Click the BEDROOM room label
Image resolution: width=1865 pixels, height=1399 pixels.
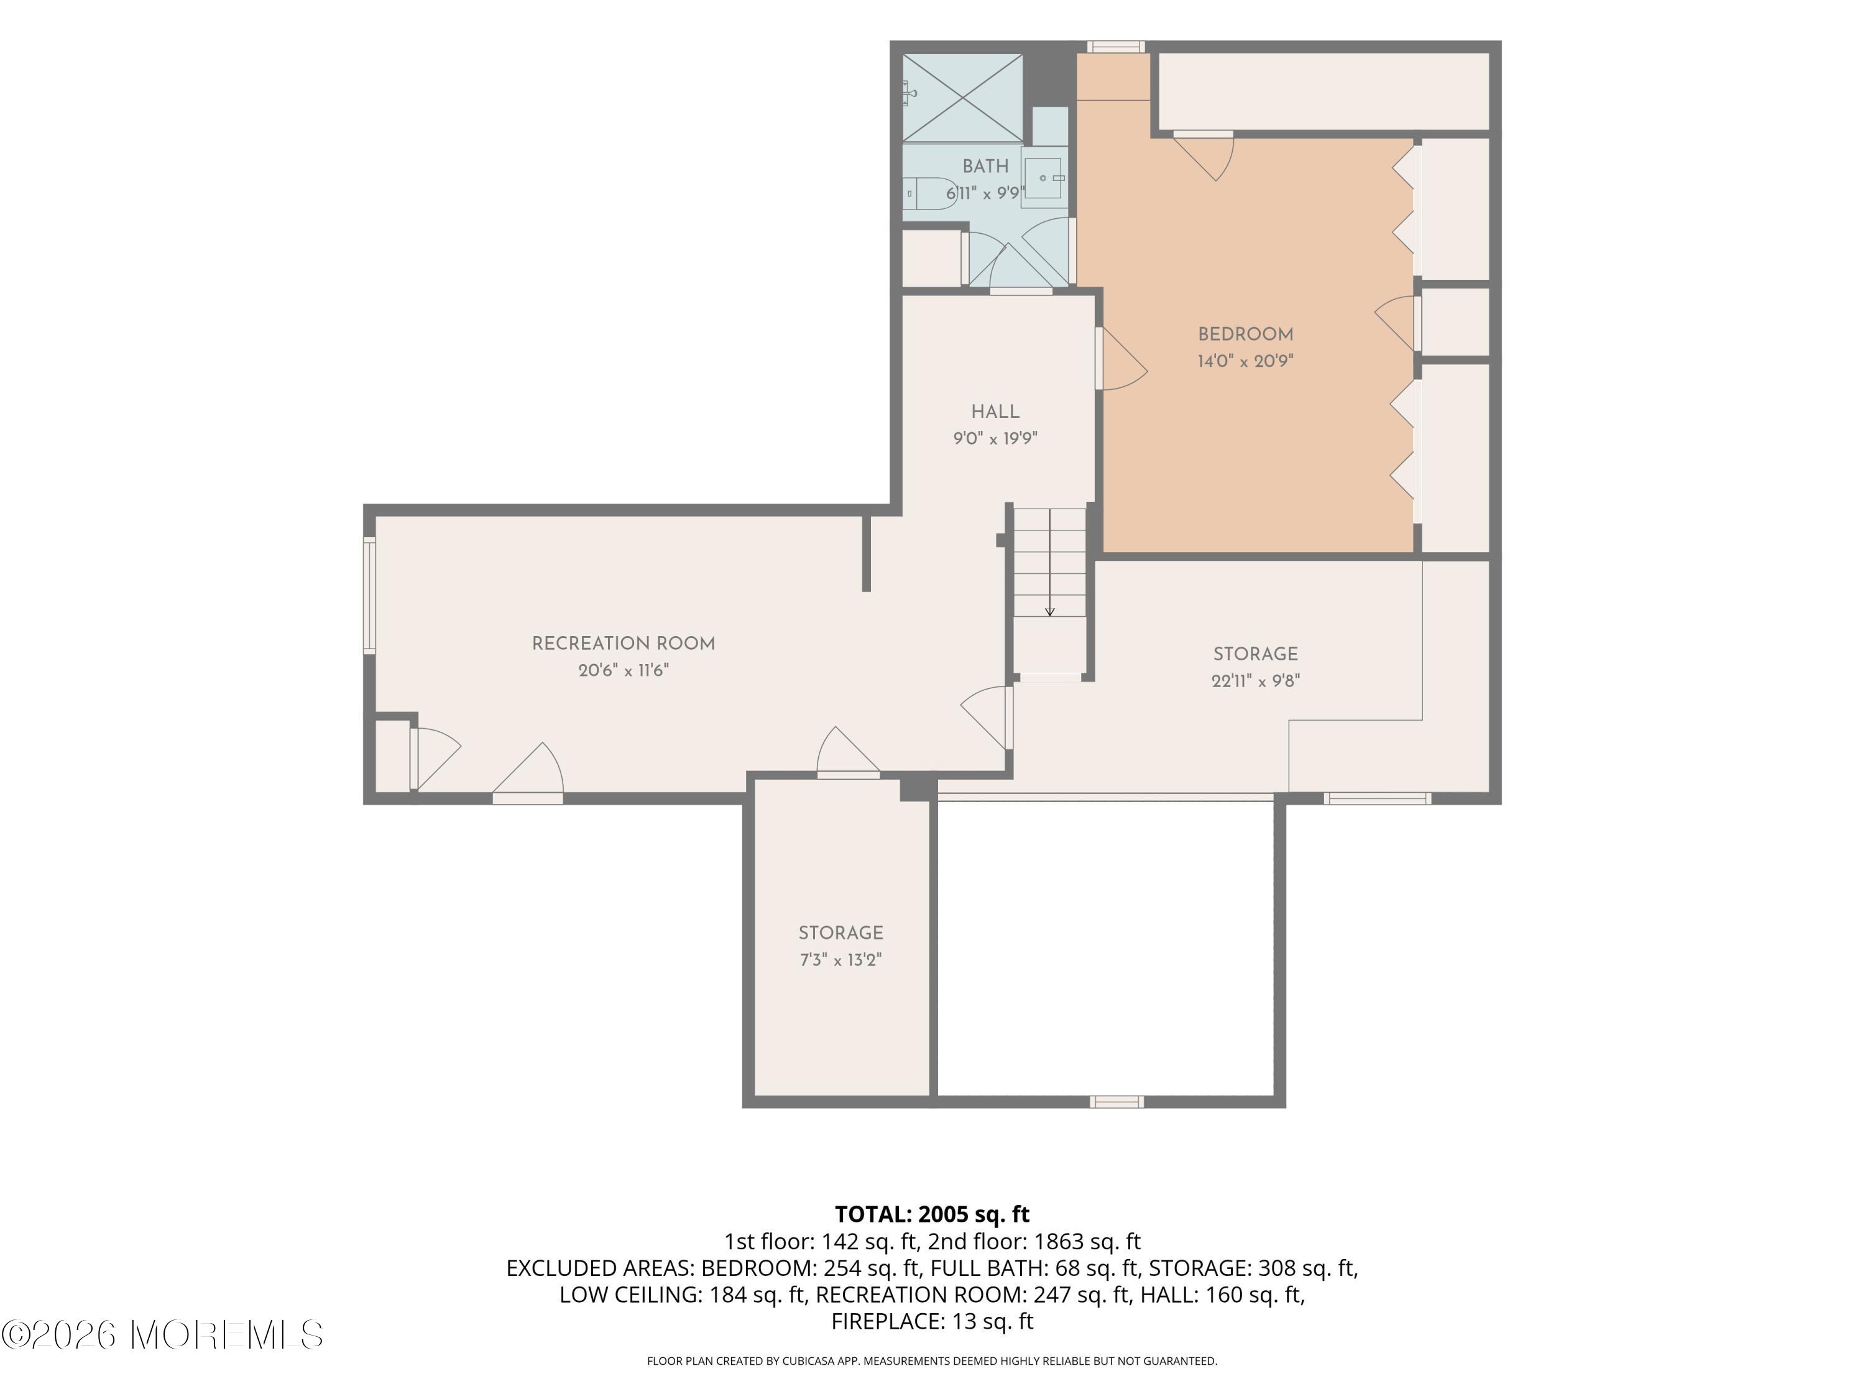point(1245,335)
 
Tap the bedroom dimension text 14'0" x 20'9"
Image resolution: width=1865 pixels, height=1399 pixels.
point(1245,361)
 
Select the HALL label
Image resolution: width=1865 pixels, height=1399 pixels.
point(995,412)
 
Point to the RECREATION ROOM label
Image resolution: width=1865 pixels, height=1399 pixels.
point(623,644)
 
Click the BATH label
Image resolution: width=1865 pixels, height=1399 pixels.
point(985,166)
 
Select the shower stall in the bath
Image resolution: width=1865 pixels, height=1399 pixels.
point(963,98)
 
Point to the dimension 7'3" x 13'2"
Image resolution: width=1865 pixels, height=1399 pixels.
point(840,959)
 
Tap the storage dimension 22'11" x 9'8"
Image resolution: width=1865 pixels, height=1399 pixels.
point(1255,680)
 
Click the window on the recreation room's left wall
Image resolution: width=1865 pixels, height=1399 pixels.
point(369,596)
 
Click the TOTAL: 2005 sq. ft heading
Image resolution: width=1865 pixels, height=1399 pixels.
point(932,1214)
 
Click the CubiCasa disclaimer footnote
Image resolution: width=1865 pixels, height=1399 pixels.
point(932,1360)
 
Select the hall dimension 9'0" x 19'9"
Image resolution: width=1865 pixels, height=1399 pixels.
point(995,438)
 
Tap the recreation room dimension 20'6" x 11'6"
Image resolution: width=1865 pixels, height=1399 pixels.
point(623,670)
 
